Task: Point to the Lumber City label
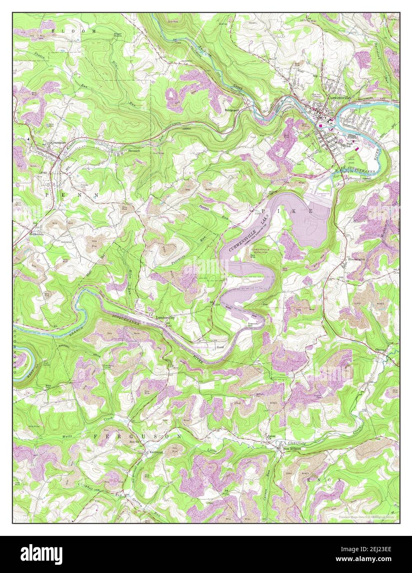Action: (x=165, y=318)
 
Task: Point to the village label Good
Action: (x=220, y=347)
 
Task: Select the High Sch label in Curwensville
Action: (x=350, y=145)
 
